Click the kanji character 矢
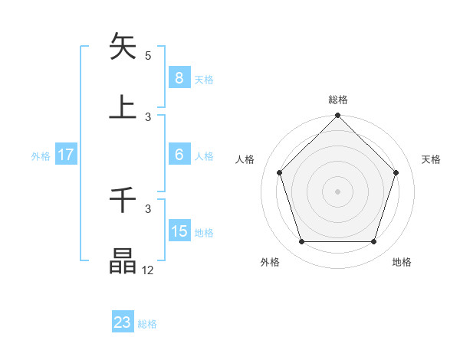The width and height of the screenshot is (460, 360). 123,47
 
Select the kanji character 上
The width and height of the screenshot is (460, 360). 123,107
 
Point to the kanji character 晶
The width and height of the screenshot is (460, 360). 123,260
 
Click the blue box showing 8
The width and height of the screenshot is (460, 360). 179,77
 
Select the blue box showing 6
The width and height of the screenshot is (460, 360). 179,155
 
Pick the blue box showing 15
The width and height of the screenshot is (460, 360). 179,231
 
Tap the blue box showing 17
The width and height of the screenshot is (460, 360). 66,155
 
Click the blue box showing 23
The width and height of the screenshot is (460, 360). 123,322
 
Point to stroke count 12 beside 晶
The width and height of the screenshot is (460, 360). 147,270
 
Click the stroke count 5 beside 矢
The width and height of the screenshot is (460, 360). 148,56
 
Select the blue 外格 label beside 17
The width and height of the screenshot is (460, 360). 41,155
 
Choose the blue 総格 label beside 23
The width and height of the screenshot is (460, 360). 147,323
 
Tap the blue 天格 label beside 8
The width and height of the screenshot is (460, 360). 204,78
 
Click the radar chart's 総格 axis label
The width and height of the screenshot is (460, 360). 338,100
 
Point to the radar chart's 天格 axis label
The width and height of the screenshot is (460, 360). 432,159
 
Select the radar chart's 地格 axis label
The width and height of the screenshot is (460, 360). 402,263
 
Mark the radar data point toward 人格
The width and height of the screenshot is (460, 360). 280,172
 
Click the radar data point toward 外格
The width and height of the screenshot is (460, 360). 301,242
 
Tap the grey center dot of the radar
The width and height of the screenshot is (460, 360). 338,191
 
